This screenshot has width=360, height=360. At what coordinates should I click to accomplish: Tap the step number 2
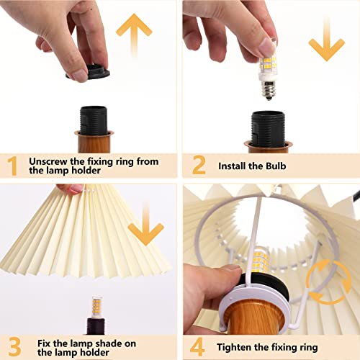(199, 166)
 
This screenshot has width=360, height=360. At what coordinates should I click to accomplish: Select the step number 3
(14, 347)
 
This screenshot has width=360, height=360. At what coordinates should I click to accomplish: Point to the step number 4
(199, 347)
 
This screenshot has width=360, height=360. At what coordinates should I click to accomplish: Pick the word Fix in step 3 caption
(37, 342)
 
